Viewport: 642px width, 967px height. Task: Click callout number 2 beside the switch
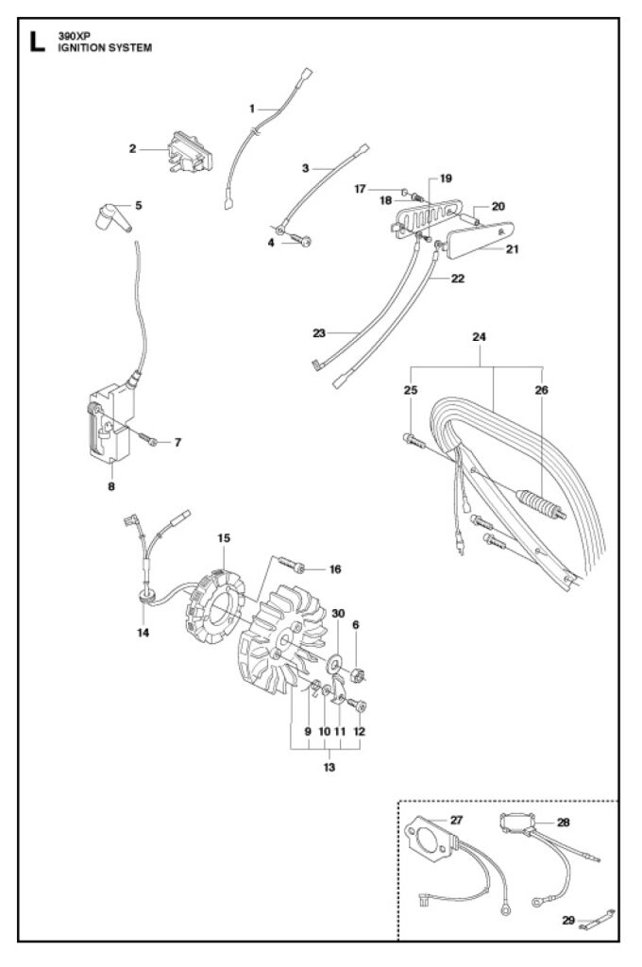[134, 148]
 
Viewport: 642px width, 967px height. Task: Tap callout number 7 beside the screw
[177, 442]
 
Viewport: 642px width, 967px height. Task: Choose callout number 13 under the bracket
[328, 767]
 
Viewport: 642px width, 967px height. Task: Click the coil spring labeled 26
[539, 499]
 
